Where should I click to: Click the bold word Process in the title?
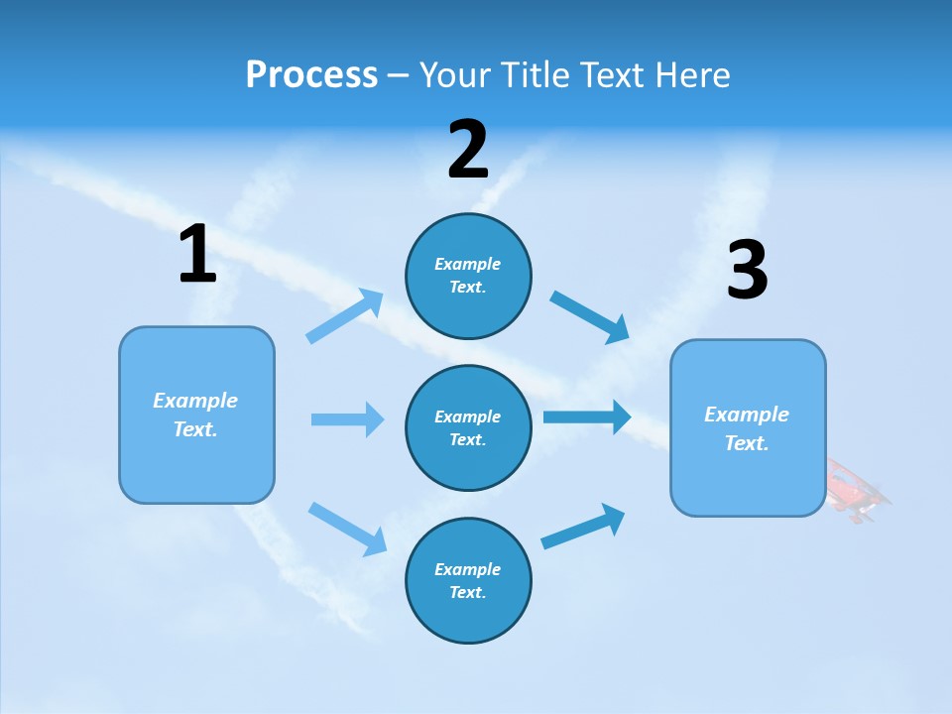pyautogui.click(x=311, y=74)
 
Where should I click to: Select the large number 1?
pyautogui.click(x=197, y=255)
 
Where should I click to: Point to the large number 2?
pyautogui.click(x=468, y=150)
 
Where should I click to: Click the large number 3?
pyautogui.click(x=747, y=271)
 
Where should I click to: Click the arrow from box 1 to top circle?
pyautogui.click(x=345, y=316)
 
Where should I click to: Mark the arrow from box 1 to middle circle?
pyautogui.click(x=347, y=419)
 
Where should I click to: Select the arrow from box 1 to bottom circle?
pyautogui.click(x=347, y=528)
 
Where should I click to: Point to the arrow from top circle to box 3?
pyautogui.click(x=590, y=316)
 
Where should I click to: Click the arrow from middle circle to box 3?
pyautogui.click(x=587, y=416)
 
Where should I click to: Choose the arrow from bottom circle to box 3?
pyautogui.click(x=583, y=527)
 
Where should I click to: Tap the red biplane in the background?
pyautogui.click(x=856, y=489)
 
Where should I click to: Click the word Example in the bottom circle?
pyautogui.click(x=467, y=569)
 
